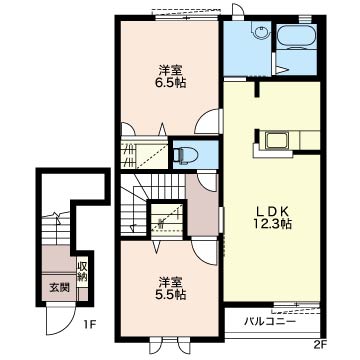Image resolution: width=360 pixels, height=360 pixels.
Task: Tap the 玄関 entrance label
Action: point(59,288)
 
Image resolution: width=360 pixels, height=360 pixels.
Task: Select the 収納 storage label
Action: point(83,270)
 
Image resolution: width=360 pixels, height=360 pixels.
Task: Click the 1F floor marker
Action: point(89,323)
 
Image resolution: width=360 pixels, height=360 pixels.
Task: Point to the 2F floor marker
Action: point(320,345)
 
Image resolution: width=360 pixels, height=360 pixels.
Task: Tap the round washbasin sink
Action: point(259,32)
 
